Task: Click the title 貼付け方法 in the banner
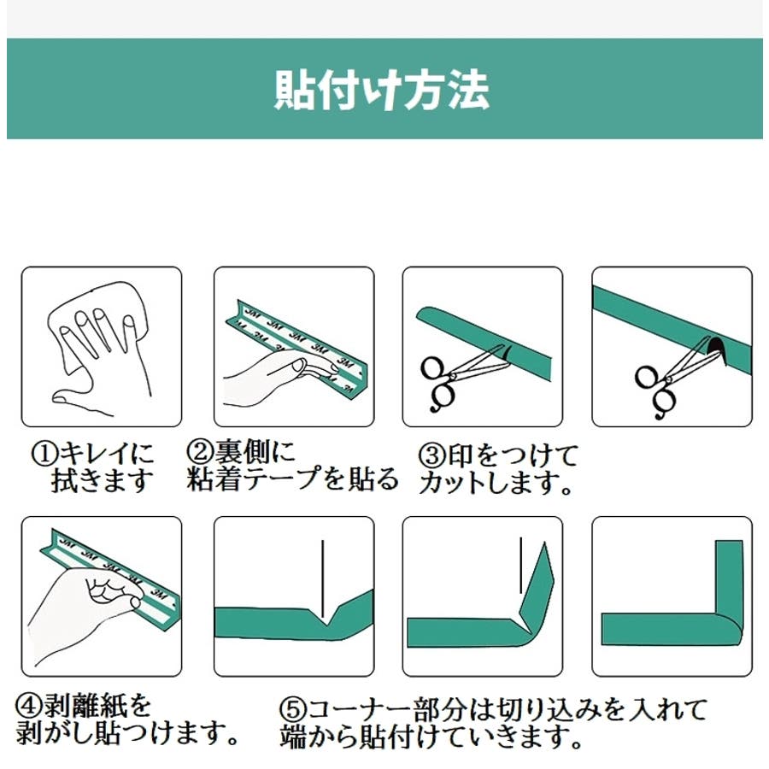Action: pos(382,90)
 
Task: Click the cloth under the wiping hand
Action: pos(96,324)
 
